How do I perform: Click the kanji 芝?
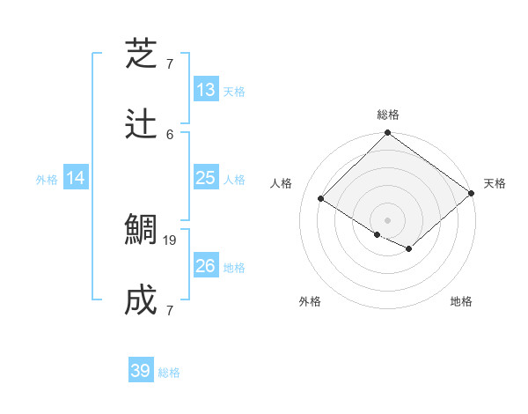pyautogui.click(x=142, y=55)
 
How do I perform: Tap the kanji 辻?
pyautogui.click(x=142, y=125)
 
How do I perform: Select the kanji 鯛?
pyautogui.click(x=142, y=231)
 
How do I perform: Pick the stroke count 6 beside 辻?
pyautogui.click(x=170, y=134)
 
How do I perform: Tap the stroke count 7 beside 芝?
pyautogui.click(x=170, y=63)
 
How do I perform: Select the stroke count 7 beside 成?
pyautogui.click(x=170, y=310)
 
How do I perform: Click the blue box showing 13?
pyautogui.click(x=206, y=90)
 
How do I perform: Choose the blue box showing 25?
pyautogui.click(x=206, y=178)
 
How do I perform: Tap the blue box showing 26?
pyautogui.click(x=206, y=266)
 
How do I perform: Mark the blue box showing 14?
pyautogui.click(x=76, y=178)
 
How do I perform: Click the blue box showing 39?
pyautogui.click(x=141, y=371)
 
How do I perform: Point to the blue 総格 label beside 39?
pyautogui.click(x=169, y=373)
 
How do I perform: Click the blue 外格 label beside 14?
pyautogui.click(x=47, y=180)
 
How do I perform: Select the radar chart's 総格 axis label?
pyautogui.click(x=388, y=115)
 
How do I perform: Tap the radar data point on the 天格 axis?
pyautogui.click(x=472, y=194)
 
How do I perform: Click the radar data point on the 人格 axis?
pyautogui.click(x=321, y=199)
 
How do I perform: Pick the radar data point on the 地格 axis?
pyautogui.click(x=409, y=250)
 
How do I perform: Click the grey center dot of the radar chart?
pyautogui.click(x=388, y=219)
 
